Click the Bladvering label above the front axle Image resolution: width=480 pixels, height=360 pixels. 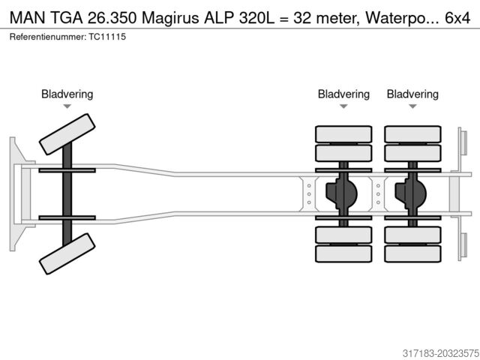[67, 94]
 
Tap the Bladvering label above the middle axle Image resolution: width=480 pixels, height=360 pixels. [343, 94]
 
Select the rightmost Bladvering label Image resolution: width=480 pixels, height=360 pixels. [412, 94]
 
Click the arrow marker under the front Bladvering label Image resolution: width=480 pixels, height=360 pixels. [67, 106]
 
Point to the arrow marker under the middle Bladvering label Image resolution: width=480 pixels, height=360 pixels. [343, 106]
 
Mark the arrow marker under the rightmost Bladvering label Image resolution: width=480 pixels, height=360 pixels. [412, 106]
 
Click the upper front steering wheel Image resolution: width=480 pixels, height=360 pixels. [67, 135]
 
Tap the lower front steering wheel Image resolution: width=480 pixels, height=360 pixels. [67, 253]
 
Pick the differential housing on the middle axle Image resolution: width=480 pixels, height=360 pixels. [341, 193]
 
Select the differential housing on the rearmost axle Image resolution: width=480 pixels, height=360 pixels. [410, 193]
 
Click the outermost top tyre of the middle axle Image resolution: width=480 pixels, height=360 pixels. [343, 134]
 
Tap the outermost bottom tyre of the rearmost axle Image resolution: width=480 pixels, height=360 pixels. [412, 253]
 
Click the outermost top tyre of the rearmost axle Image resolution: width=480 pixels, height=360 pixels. [412, 134]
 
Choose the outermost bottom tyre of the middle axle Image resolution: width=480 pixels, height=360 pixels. [343, 253]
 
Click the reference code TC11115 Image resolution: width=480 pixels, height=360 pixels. [105, 36]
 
